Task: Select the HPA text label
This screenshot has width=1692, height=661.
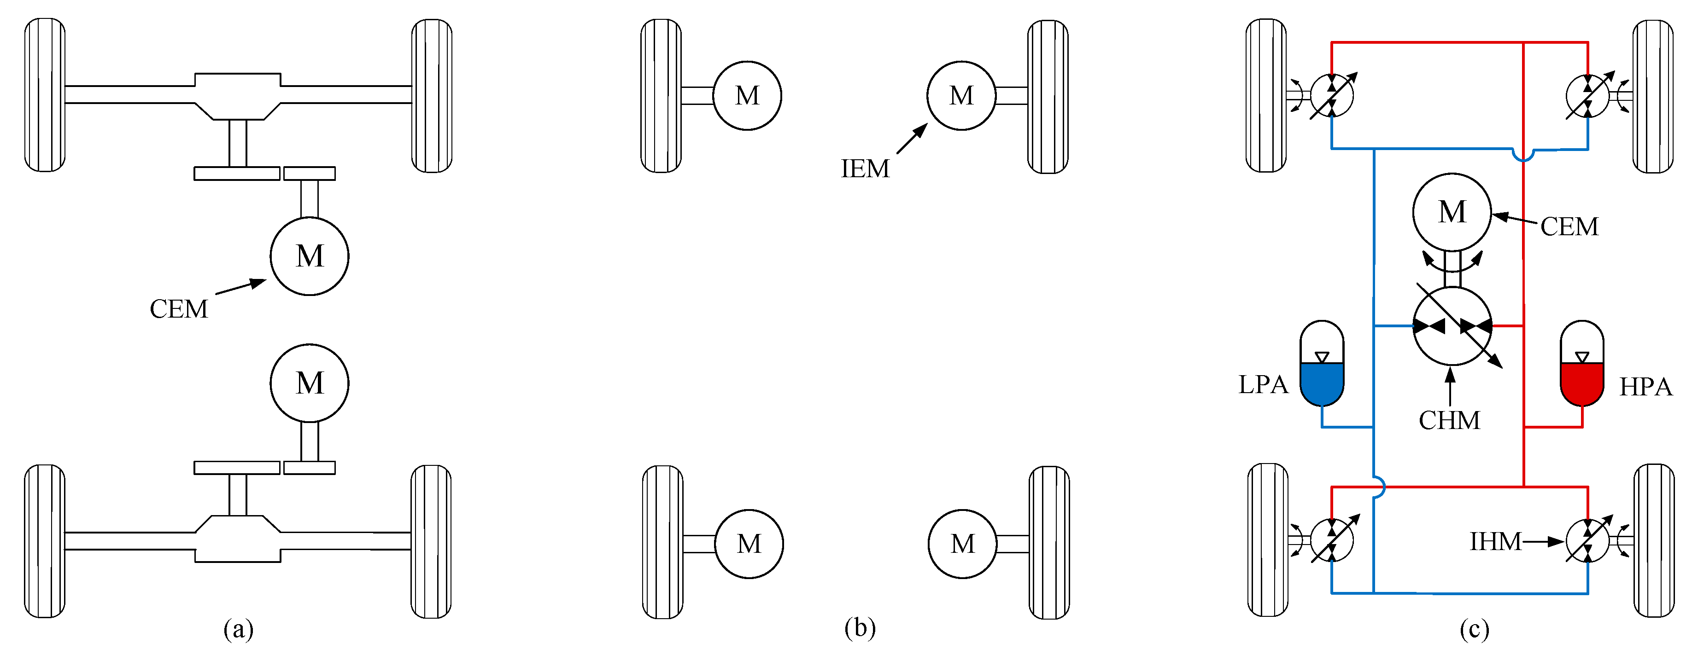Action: (1645, 387)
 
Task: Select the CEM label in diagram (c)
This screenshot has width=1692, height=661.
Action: (1569, 227)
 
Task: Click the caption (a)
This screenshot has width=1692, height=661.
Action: (238, 630)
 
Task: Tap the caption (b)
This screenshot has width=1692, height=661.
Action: (860, 628)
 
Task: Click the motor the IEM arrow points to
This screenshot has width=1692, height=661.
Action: (961, 96)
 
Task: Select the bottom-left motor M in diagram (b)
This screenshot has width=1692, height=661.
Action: (749, 544)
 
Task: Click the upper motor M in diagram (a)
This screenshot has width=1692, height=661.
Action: (310, 256)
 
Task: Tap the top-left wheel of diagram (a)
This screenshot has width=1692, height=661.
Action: (45, 96)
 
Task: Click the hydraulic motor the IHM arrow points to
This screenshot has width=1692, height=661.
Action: (1587, 541)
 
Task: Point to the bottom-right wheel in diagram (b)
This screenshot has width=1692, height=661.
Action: (1049, 543)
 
